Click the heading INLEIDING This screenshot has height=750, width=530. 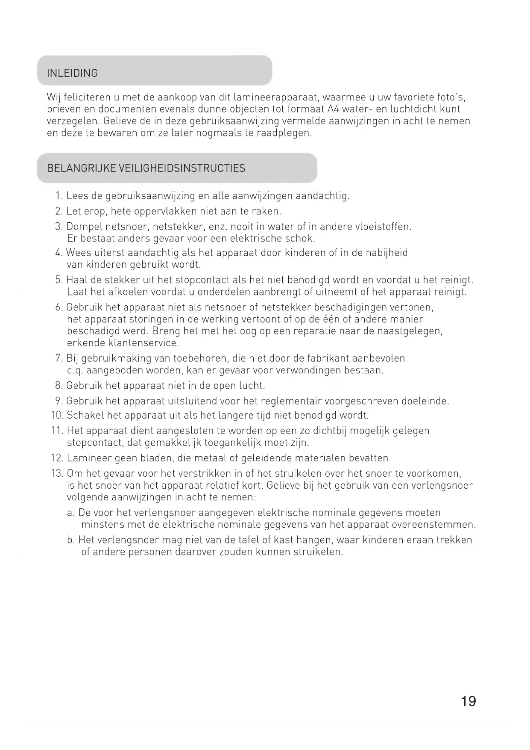tap(72, 73)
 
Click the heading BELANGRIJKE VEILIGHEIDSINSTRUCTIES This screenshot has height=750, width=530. tap(146, 168)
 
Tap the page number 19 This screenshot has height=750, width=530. tap(469, 701)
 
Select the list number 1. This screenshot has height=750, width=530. tap(59, 196)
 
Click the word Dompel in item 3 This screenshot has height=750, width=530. tap(84, 227)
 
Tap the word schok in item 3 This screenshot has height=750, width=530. tap(301, 239)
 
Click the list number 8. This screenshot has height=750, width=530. tap(59, 386)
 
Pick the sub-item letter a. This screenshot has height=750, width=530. tap(70, 513)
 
